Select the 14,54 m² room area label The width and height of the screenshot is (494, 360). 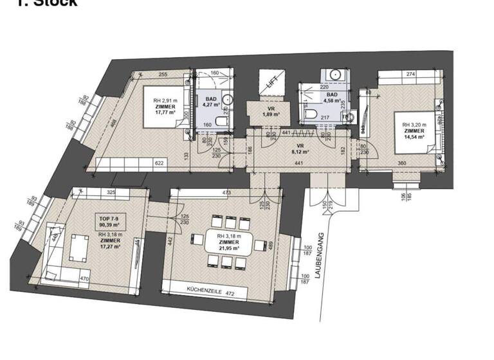[414, 136]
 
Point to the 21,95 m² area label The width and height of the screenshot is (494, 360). [228, 248]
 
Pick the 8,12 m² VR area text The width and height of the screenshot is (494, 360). [300, 152]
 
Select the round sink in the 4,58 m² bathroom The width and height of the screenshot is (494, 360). [335, 75]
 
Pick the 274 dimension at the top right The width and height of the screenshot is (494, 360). [411, 75]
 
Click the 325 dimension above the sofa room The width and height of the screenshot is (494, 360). [111, 192]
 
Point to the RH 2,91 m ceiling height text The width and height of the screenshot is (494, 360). [165, 101]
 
